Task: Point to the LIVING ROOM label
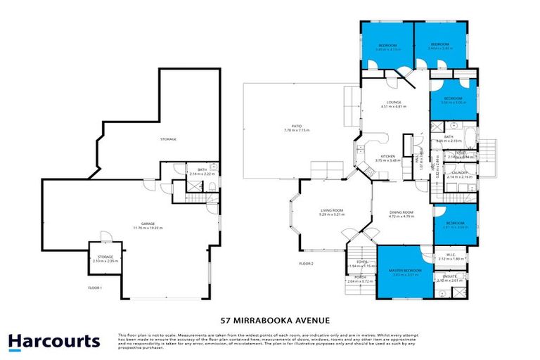point(331,211)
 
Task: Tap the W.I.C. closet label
point(448,257)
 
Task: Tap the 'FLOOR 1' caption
point(95,288)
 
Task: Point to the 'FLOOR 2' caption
point(306,263)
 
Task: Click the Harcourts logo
point(54,342)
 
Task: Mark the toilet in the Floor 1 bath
point(212,186)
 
